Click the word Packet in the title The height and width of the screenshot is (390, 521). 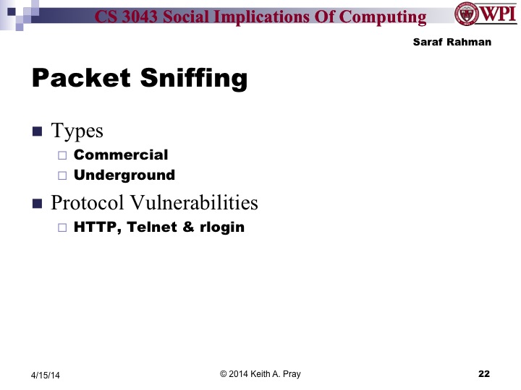(x=77, y=78)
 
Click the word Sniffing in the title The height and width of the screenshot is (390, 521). (x=189, y=78)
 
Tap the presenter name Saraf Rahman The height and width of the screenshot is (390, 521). (x=452, y=42)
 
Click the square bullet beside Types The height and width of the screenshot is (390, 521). (x=38, y=131)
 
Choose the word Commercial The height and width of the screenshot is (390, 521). (x=121, y=155)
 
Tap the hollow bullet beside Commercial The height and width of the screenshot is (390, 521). (x=62, y=155)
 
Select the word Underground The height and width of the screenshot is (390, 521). (x=124, y=175)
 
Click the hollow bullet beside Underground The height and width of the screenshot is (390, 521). (x=62, y=175)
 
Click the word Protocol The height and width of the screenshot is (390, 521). (x=80, y=203)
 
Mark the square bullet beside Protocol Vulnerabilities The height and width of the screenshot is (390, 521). (x=38, y=204)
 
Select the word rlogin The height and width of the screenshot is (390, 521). (x=222, y=227)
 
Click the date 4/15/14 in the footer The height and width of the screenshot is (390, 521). (x=46, y=375)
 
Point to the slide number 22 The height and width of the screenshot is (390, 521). (x=484, y=373)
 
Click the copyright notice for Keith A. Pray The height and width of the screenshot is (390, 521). (x=260, y=373)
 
